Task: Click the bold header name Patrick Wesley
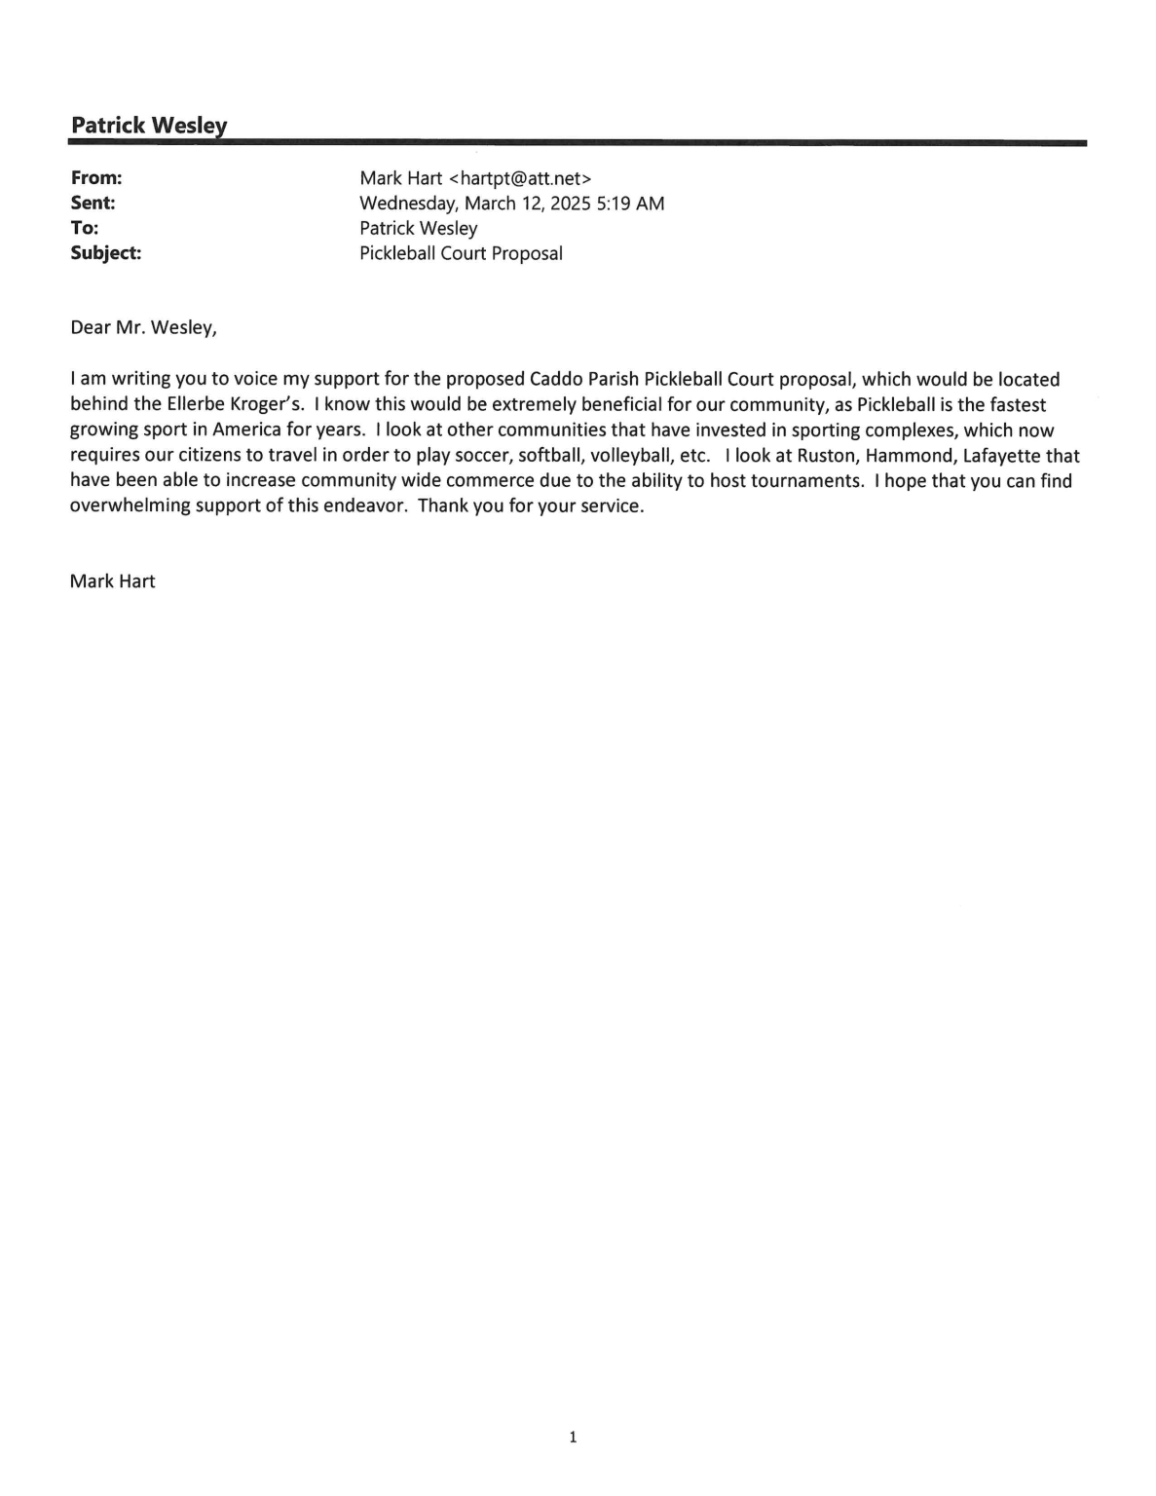pyautogui.click(x=149, y=126)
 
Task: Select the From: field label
pyautogui.click(x=95, y=178)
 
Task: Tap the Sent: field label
pyautogui.click(x=93, y=204)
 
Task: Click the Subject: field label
pyautogui.click(x=105, y=253)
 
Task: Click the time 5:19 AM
pyautogui.click(x=630, y=204)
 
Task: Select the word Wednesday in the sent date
pyautogui.click(x=409, y=204)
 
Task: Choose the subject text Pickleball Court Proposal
pyautogui.click(x=461, y=253)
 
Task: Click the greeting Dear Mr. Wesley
pyautogui.click(x=143, y=327)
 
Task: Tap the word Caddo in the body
pyautogui.click(x=555, y=379)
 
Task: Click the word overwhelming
pyautogui.click(x=130, y=506)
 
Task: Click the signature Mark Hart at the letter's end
pyautogui.click(x=112, y=581)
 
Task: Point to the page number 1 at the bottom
pyautogui.click(x=573, y=1437)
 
